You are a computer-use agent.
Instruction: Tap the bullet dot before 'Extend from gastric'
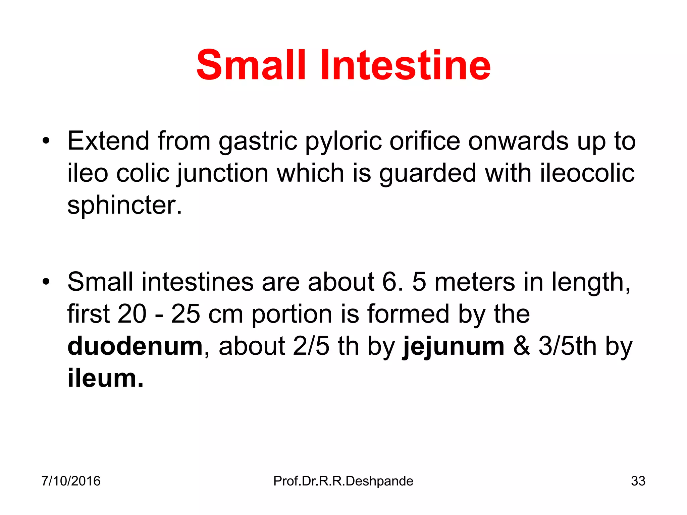coord(46,141)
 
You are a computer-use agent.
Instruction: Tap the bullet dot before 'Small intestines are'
coord(46,282)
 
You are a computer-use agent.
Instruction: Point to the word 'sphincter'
coord(121,205)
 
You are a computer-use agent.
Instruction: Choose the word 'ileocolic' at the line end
coord(587,173)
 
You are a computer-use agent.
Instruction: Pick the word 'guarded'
coord(428,174)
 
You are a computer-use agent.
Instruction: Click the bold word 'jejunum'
coord(454,347)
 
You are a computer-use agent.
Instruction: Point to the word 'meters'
coord(475,282)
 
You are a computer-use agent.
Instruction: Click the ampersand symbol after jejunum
coord(522,346)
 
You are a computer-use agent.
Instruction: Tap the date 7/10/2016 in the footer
coord(71,481)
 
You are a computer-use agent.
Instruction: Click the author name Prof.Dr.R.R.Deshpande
coord(343,481)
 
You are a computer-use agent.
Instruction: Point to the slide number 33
coord(638,481)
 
